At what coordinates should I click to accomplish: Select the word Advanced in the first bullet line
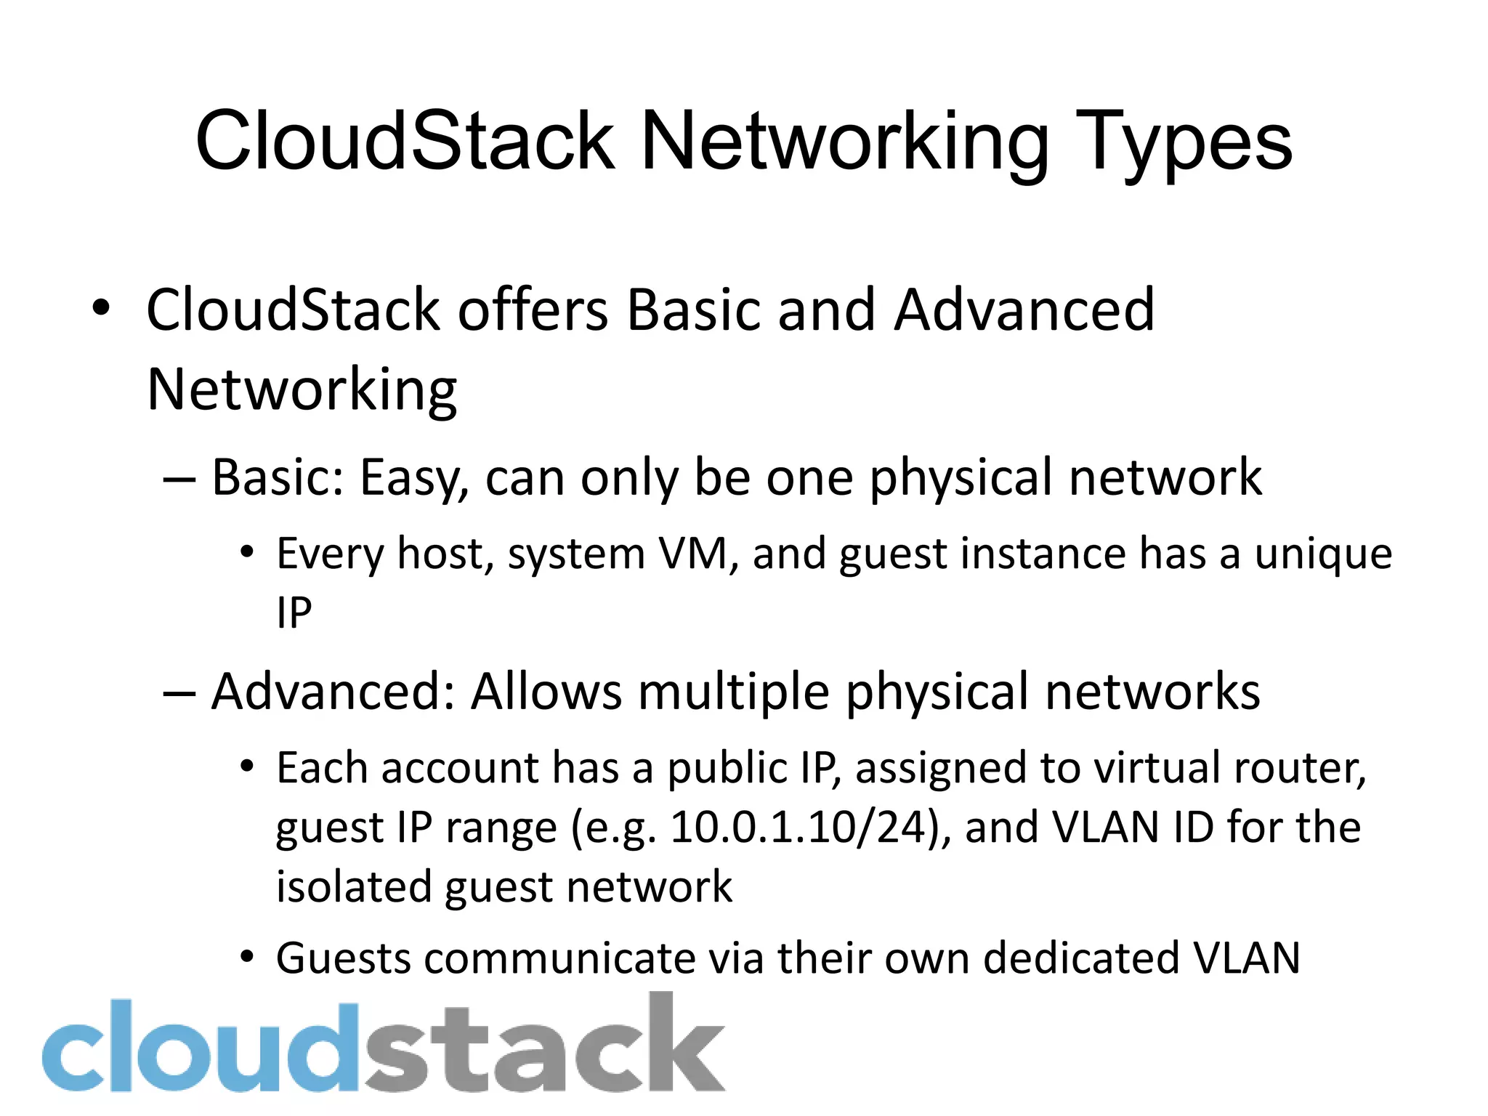[x=1024, y=310]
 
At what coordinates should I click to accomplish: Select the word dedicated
[x=1081, y=958]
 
